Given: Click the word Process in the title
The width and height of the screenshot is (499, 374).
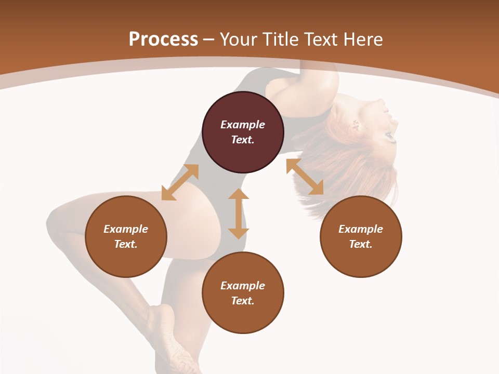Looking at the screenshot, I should pyautogui.click(x=163, y=39).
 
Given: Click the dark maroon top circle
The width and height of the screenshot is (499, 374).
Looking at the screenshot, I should pyautogui.click(x=243, y=132).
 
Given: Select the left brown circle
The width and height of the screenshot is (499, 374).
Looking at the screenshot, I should pyautogui.click(x=126, y=236).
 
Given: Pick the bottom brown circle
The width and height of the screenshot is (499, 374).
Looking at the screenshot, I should pyautogui.click(x=243, y=292).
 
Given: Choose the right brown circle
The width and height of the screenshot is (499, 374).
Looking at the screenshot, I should pyautogui.click(x=361, y=236).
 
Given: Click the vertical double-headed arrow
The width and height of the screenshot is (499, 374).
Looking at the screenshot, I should pyautogui.click(x=239, y=213).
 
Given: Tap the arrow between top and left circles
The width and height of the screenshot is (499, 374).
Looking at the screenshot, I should pyautogui.click(x=180, y=182).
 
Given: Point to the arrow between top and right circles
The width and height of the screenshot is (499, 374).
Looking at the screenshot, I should pyautogui.click(x=305, y=177).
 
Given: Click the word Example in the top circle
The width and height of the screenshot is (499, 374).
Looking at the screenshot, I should pyautogui.click(x=243, y=125).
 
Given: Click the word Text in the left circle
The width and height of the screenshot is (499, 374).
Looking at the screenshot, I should pyautogui.click(x=126, y=244).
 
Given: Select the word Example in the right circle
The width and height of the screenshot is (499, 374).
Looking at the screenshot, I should pyautogui.click(x=361, y=229).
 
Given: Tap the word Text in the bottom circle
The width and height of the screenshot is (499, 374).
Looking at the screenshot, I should pyautogui.click(x=243, y=301).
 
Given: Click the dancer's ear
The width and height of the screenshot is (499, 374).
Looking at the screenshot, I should pyautogui.click(x=356, y=125).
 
